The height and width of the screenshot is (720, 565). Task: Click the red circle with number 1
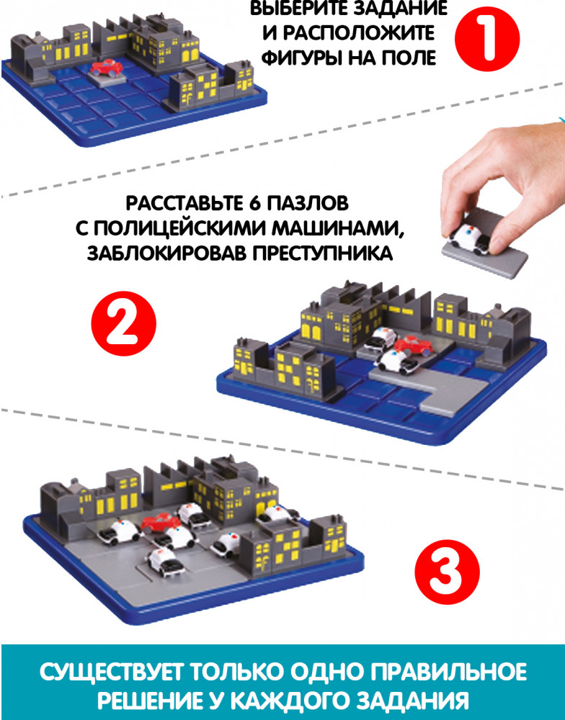(487, 39)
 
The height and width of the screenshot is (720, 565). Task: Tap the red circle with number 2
(124, 324)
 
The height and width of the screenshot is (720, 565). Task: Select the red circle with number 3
(448, 572)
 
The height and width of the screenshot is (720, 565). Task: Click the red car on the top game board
(106, 68)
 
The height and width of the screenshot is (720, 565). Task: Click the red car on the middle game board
(412, 346)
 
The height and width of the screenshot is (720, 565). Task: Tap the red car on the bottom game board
(161, 523)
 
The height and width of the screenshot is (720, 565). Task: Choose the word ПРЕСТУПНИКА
(323, 253)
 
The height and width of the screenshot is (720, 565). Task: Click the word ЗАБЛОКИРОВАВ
(167, 253)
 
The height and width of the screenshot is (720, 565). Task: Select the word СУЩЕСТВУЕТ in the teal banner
(112, 672)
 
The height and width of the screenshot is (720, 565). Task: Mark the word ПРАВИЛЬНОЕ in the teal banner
(448, 672)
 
